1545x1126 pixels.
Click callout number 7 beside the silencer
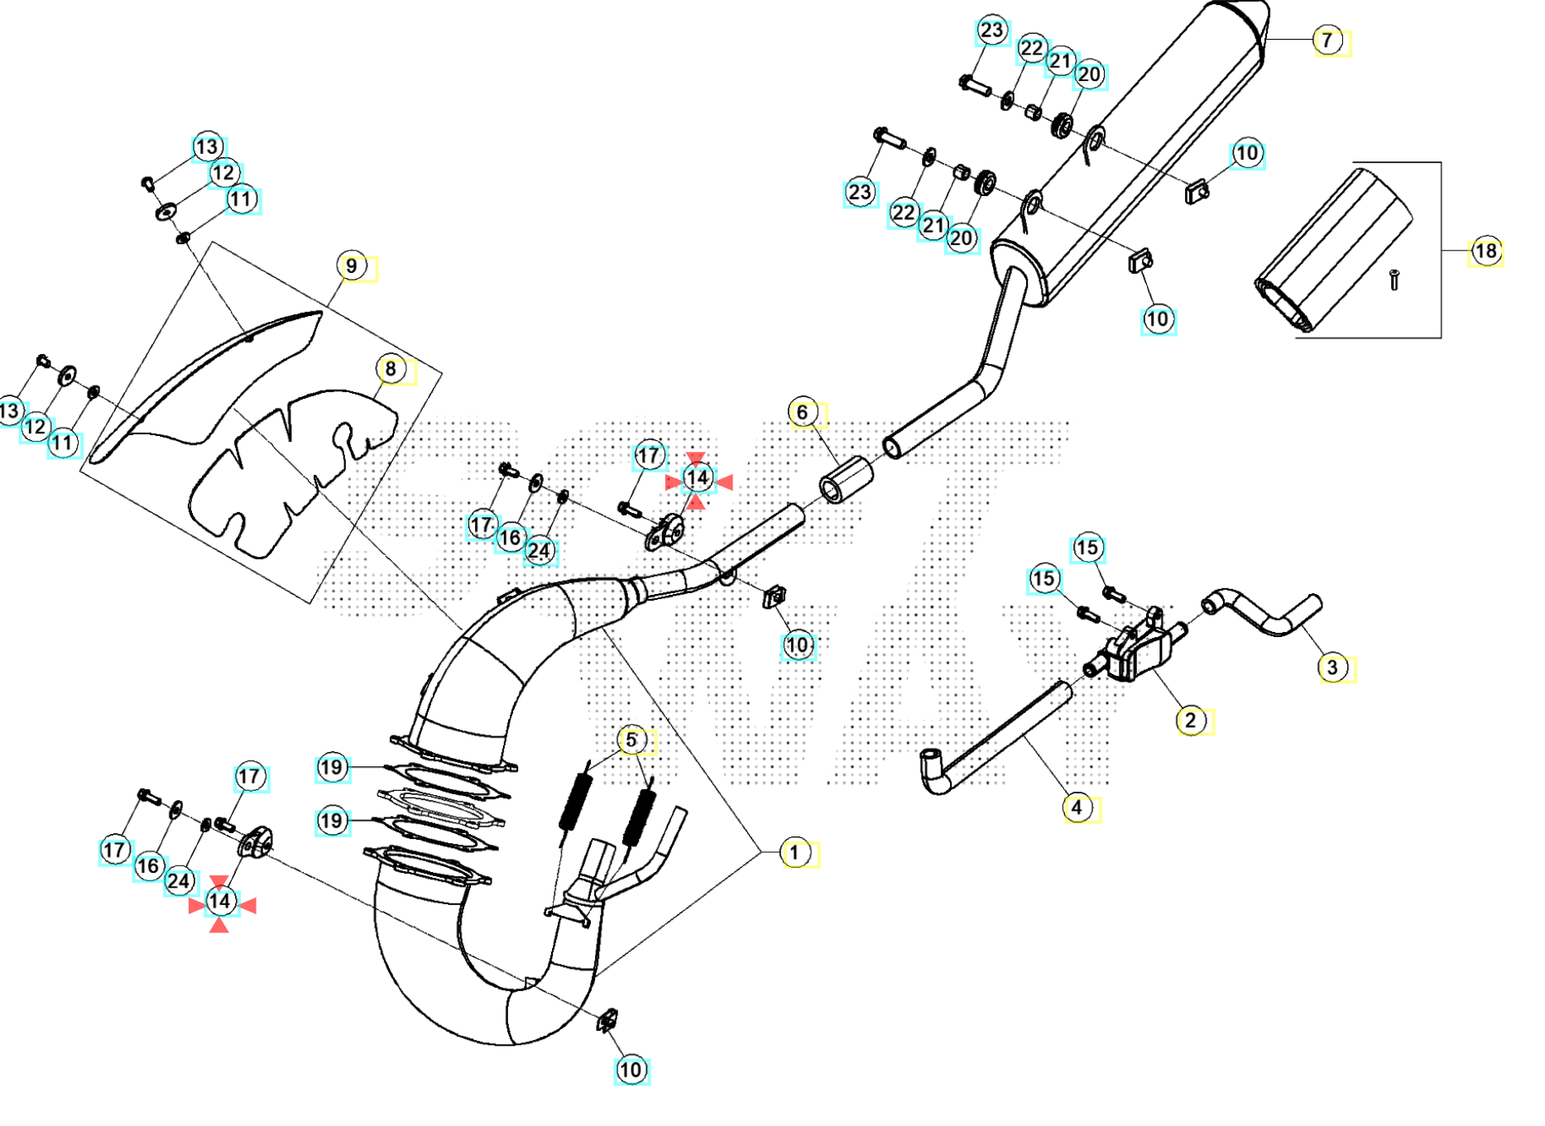[1327, 40]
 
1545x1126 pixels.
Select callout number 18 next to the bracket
[1485, 251]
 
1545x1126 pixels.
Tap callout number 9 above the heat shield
[352, 266]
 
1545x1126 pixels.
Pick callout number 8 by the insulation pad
[391, 369]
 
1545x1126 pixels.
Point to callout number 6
[802, 412]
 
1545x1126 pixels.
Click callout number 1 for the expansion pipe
[794, 852]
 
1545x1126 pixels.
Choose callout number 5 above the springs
[631, 740]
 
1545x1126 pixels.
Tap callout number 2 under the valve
[1190, 720]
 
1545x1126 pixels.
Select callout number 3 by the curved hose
[1331, 667]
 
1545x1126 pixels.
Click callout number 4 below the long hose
[1077, 807]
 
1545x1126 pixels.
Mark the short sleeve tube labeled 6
[846, 480]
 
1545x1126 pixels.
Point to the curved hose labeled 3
[1266, 616]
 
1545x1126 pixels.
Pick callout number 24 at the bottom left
[179, 881]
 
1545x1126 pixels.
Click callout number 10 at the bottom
[631, 1070]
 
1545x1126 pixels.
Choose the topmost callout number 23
[991, 31]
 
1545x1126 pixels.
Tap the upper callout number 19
[331, 768]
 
